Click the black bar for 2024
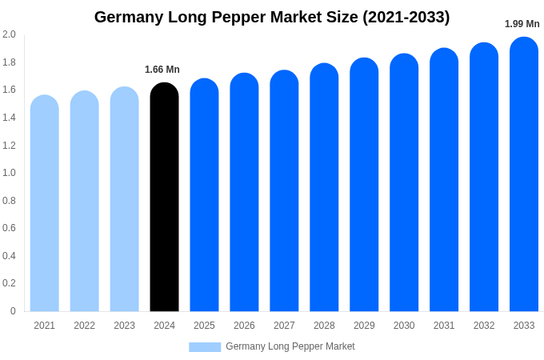pos(164,198)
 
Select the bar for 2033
pos(524,176)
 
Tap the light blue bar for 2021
pos(45,204)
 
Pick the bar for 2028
pos(324,189)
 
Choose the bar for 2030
pos(404,184)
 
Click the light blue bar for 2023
pos(124,200)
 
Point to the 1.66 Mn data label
pos(162,70)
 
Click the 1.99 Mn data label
pos(522,24)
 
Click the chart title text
pos(272,17)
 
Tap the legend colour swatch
pos(205,347)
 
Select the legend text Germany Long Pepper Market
pos(290,346)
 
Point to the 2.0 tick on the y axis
pos(9,34)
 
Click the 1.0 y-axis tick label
pos(9,173)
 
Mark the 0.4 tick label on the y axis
pos(9,256)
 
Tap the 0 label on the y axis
pos(13,311)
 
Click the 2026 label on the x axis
pos(244,326)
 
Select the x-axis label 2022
pos(84,326)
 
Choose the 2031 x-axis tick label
pos(444,326)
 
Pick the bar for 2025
pos(204,196)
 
